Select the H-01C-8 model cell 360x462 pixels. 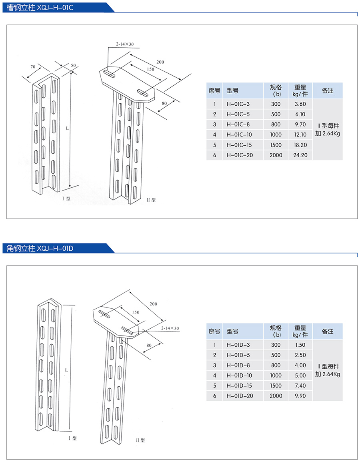click(x=238, y=125)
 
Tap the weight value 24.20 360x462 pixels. click(x=300, y=155)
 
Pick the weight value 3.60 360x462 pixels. click(x=300, y=104)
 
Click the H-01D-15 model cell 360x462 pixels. click(x=239, y=386)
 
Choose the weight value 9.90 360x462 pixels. click(x=300, y=396)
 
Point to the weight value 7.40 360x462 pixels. click(x=300, y=386)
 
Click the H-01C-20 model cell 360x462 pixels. click(x=239, y=155)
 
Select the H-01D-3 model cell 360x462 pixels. click(x=238, y=345)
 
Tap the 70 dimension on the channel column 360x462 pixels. click(x=33, y=66)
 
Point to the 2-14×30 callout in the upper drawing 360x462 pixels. click(x=124, y=44)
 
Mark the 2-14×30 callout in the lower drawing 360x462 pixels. click(x=170, y=328)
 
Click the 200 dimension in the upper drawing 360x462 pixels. click(x=160, y=62)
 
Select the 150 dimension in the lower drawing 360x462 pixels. click(x=136, y=312)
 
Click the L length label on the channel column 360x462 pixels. click(x=67, y=129)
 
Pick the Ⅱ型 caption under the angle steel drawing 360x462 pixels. click(x=140, y=440)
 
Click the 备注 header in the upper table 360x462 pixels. click(x=328, y=91)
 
